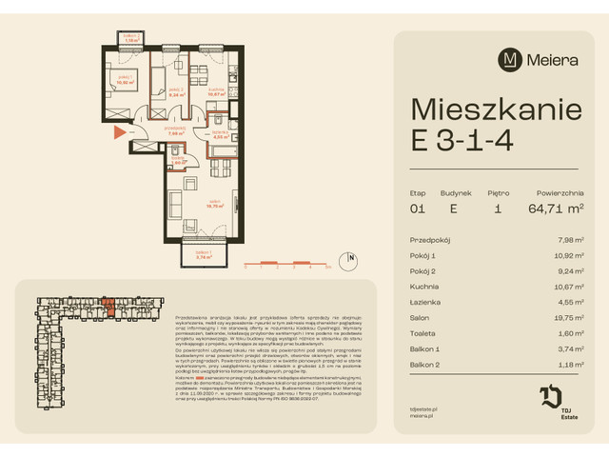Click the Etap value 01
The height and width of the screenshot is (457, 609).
(x=417, y=208)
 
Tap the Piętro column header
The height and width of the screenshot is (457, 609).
(x=498, y=189)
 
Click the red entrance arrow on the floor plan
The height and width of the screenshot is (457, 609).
(x=117, y=131)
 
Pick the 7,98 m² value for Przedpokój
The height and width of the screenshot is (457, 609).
(x=569, y=240)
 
